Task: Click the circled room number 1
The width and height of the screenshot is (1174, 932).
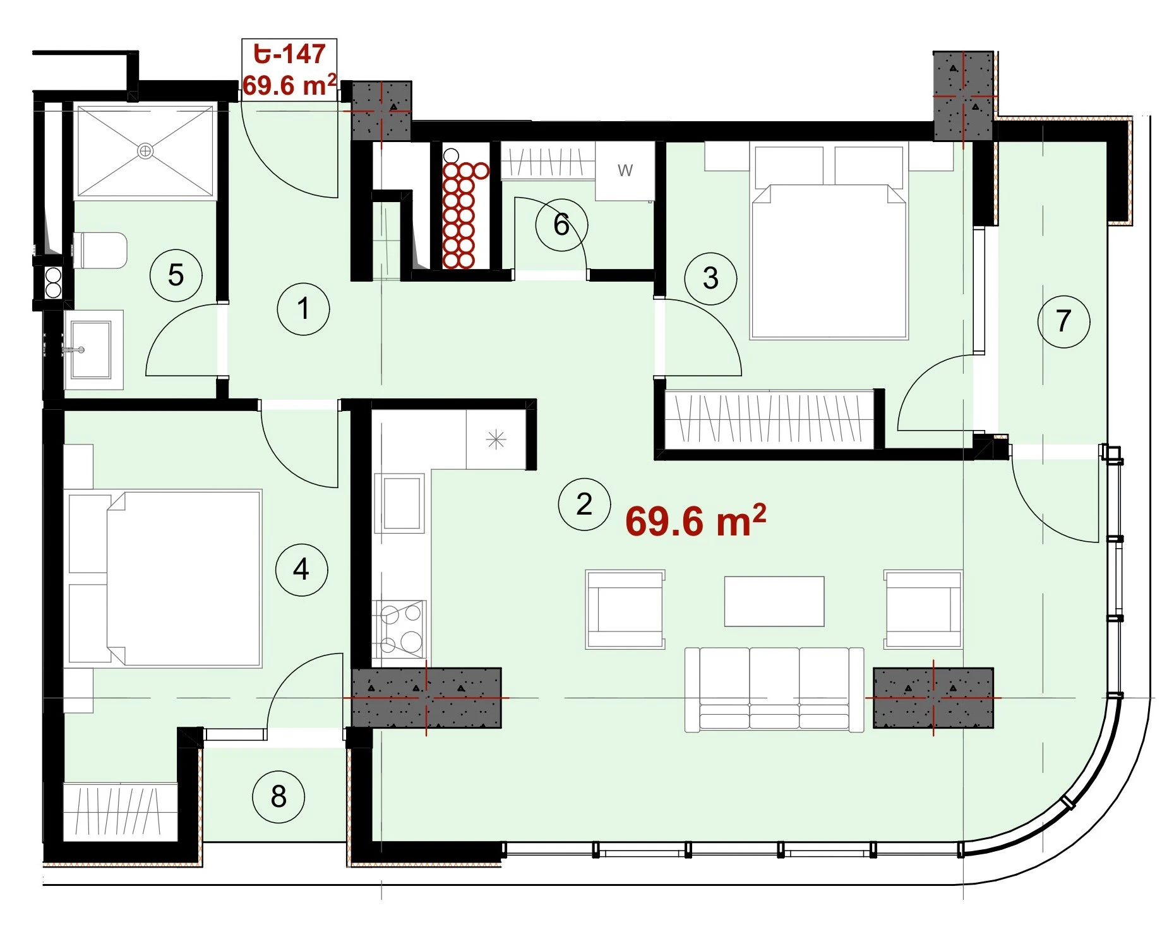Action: tap(303, 309)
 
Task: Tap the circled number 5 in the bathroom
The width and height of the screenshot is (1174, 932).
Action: tap(176, 275)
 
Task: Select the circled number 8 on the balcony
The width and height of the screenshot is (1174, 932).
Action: tap(279, 797)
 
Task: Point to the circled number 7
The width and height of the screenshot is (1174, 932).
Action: tap(1063, 321)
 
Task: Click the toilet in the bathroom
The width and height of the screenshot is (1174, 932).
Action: tap(101, 250)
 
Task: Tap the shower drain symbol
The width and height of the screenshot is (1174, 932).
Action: tap(145, 151)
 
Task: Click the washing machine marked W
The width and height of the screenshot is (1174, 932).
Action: tap(625, 170)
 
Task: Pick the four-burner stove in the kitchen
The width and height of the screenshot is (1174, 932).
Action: tap(400, 629)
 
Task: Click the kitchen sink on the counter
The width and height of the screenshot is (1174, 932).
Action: tap(400, 503)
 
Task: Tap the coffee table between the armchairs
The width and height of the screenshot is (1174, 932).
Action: tap(774, 601)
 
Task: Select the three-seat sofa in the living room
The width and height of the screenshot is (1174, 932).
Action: tap(774, 690)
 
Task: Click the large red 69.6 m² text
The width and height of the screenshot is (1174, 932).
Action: tap(695, 521)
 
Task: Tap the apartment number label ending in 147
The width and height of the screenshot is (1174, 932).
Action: tap(289, 54)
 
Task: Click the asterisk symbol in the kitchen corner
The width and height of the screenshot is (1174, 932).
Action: tap(496, 439)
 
